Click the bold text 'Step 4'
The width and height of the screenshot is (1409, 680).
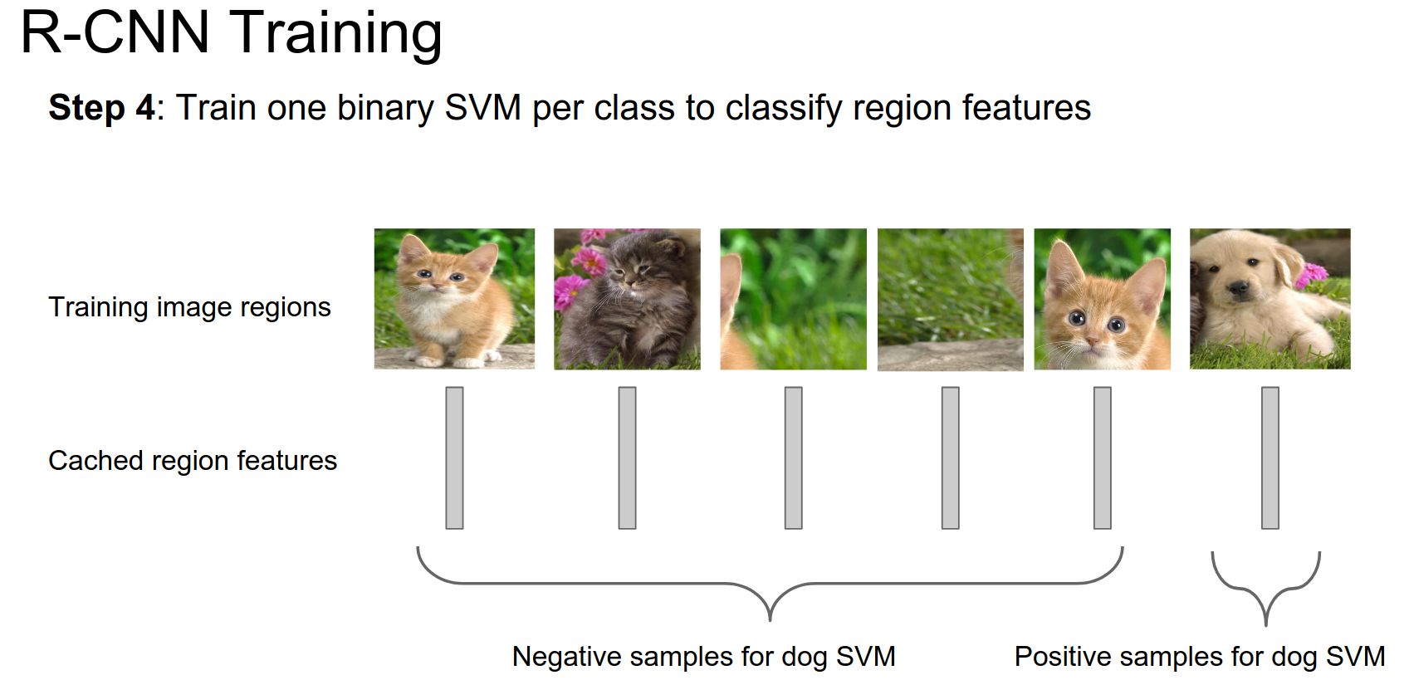101,108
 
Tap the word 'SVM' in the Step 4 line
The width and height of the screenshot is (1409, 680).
482,108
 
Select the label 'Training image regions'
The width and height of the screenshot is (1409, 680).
189,307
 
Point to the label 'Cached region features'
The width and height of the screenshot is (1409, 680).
193,461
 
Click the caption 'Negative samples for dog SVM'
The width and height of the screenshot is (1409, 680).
704,657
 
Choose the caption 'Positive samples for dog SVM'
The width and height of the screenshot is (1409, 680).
1200,657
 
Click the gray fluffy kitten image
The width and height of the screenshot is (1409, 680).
627,299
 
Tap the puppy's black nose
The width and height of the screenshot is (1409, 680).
1238,287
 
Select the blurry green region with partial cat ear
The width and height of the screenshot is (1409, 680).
793,299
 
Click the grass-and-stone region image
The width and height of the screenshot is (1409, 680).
951,300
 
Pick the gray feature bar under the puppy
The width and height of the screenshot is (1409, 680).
1270,458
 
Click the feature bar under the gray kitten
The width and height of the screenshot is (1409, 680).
627,458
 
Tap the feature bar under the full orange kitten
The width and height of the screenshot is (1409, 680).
455,458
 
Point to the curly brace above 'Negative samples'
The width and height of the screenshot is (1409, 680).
770,584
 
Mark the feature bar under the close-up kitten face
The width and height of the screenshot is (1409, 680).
1103,458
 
